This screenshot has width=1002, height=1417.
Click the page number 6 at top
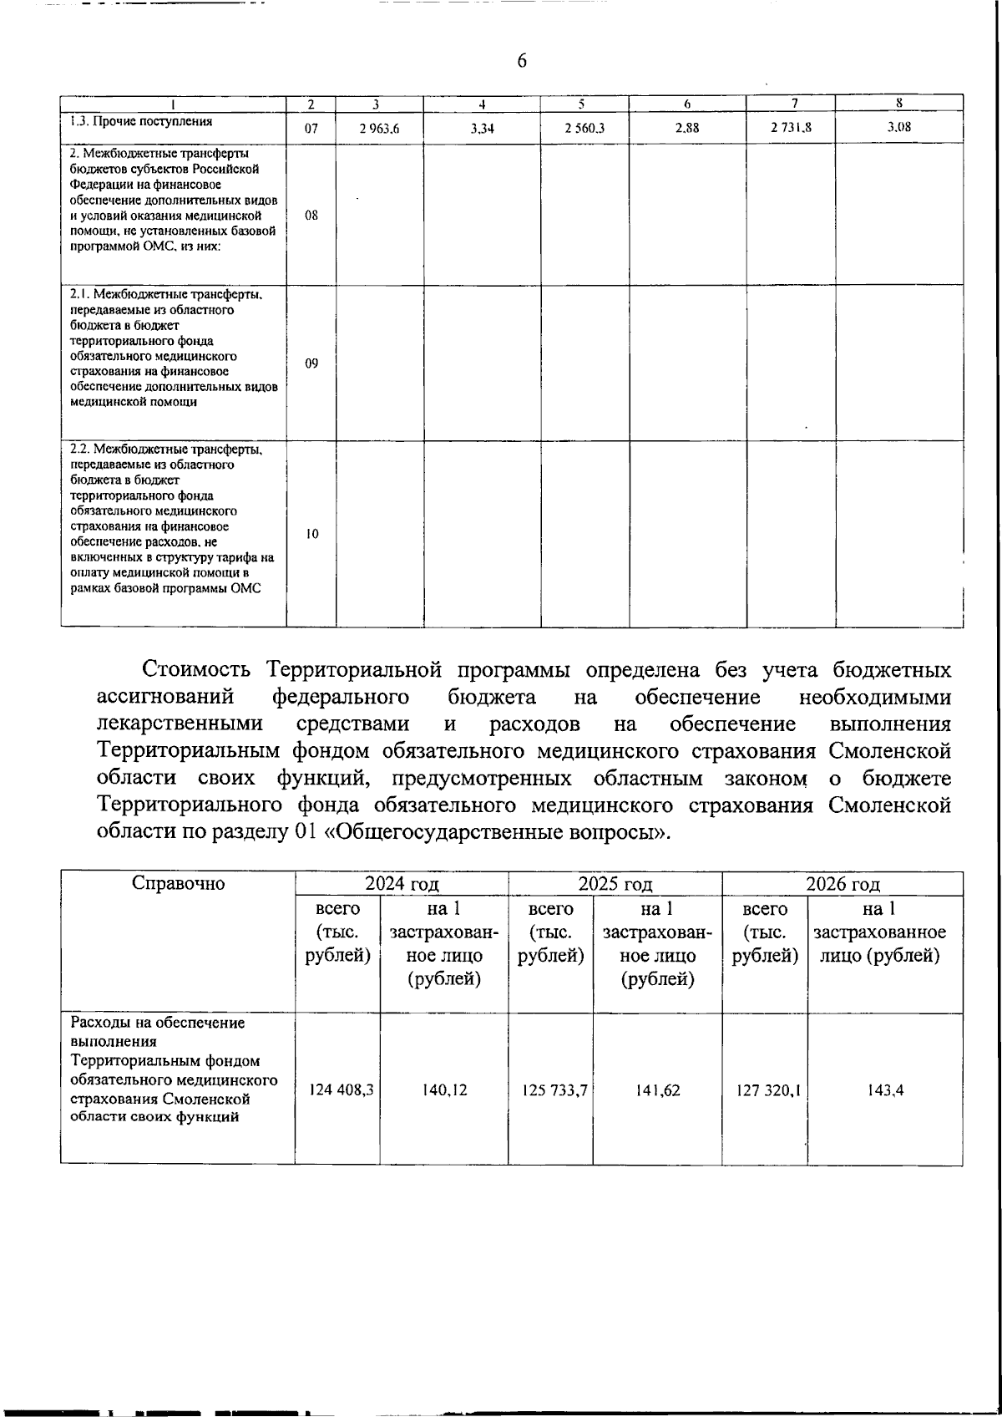522,61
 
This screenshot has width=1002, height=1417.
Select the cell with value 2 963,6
380,129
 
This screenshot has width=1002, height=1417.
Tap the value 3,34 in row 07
482,129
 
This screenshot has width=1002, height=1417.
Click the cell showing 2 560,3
584,129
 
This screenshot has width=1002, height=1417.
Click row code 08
311,215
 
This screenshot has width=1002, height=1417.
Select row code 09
311,363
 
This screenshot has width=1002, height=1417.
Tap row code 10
311,534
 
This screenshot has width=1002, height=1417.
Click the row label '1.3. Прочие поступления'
141,121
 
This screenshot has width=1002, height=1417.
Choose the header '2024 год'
402,884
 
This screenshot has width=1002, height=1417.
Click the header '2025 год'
615,884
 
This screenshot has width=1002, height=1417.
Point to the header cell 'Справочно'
179,884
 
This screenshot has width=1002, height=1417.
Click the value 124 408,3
341,1090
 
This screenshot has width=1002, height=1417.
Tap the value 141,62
657,1090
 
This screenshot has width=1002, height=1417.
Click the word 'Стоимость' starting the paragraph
197,670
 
